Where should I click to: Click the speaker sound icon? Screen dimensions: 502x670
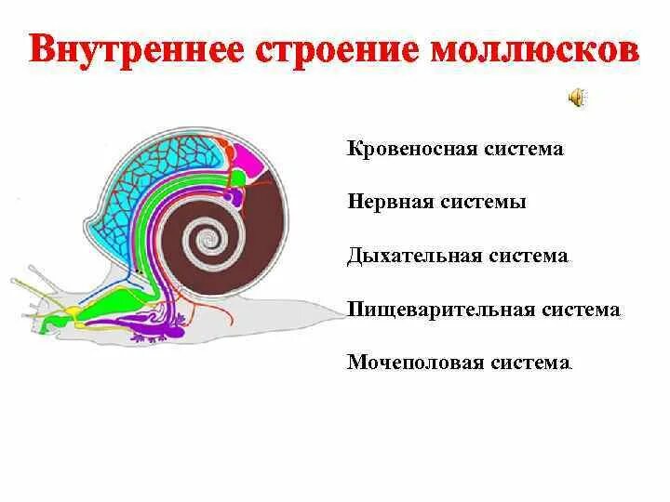click(x=577, y=96)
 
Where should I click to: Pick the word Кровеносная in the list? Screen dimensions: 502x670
click(x=408, y=149)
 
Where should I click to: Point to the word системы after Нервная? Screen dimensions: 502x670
click(x=484, y=202)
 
